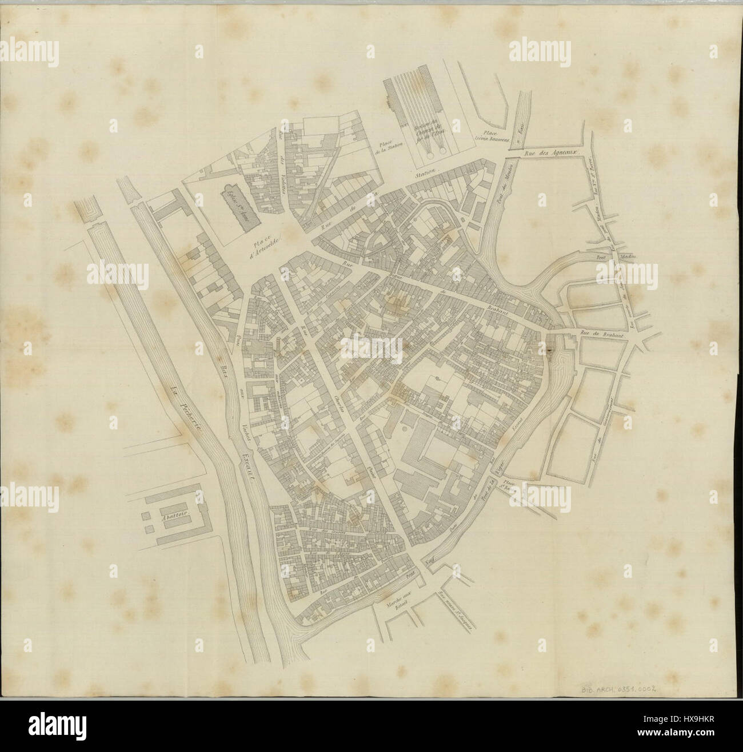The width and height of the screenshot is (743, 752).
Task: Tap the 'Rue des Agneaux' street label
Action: (552, 153)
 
